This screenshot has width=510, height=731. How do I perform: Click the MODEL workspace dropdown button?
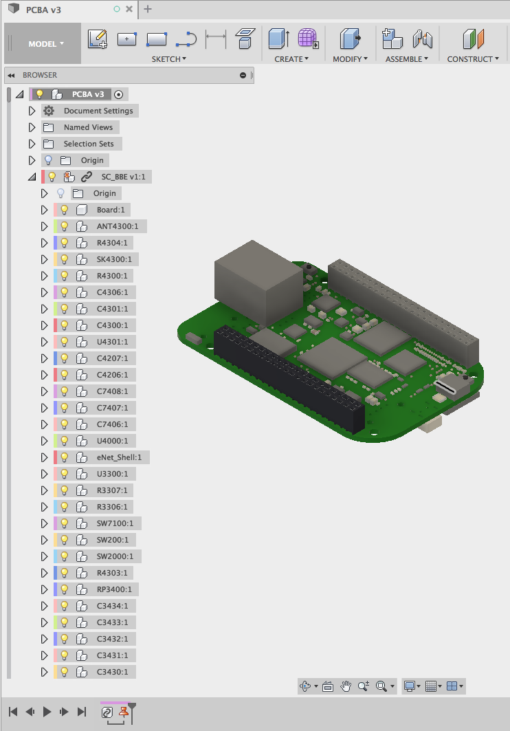tap(46, 44)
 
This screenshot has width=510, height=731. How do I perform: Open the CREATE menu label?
tap(291, 59)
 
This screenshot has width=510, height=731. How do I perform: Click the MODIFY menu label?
tap(350, 59)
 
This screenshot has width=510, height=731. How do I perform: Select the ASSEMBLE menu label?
tap(407, 59)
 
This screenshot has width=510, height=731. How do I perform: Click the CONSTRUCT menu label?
tap(473, 59)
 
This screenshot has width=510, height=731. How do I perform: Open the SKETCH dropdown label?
tap(169, 59)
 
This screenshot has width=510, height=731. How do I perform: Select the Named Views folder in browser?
tap(87, 127)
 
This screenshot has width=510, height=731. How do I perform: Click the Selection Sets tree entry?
tap(89, 144)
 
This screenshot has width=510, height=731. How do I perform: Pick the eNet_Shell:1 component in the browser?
tap(122, 457)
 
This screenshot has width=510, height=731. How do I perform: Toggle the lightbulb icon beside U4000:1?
tap(65, 441)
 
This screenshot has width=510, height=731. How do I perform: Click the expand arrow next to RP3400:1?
tap(45, 589)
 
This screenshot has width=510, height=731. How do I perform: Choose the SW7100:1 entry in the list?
tap(115, 523)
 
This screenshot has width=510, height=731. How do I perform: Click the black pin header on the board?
tap(289, 378)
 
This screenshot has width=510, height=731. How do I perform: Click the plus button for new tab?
tap(148, 9)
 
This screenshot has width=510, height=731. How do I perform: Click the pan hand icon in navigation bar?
tap(346, 686)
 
